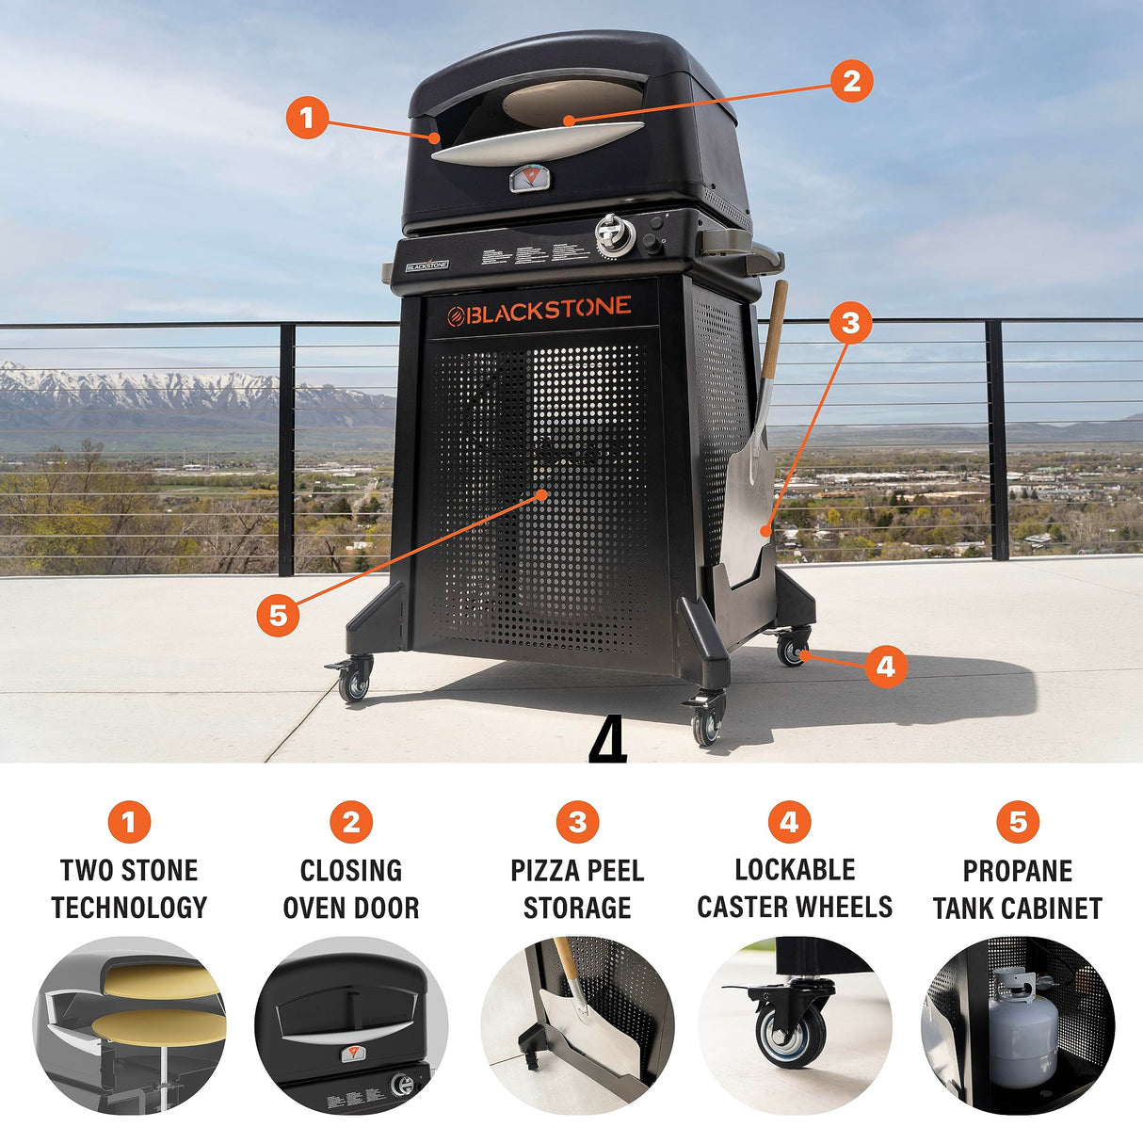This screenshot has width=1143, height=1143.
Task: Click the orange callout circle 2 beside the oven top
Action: [851, 81]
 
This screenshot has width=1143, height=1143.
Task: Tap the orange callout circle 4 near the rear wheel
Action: [885, 667]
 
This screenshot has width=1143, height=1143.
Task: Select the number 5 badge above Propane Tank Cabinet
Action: [1018, 822]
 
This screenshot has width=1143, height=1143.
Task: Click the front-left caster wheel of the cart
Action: [354, 684]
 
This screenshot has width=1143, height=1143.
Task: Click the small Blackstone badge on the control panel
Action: [427, 266]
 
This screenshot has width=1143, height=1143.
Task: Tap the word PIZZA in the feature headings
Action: [543, 871]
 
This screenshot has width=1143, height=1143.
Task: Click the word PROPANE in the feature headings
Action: [1017, 871]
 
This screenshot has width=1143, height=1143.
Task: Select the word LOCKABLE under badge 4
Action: [795, 869]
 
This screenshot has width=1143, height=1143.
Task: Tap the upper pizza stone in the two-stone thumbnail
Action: [160, 981]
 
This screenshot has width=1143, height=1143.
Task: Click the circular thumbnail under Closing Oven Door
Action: [351, 1025]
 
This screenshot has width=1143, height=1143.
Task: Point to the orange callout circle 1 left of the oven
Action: [307, 119]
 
